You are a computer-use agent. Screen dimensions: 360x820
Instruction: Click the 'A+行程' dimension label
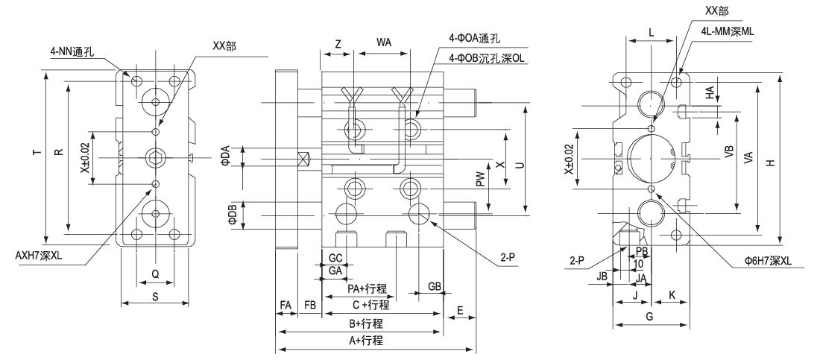pos(367,341)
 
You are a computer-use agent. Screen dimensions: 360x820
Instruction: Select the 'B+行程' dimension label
pos(366,323)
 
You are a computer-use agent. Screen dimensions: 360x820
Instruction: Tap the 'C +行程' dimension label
pos(370,305)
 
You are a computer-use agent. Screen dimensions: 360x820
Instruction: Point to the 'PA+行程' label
pos(368,288)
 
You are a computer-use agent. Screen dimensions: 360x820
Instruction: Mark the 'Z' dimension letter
pos(338,44)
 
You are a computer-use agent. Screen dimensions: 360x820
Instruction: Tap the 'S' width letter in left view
pos(154,297)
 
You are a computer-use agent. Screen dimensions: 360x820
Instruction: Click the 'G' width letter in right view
pos(649,318)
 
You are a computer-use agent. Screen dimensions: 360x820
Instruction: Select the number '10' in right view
pos(638,264)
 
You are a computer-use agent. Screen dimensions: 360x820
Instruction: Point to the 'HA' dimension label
pos(710,92)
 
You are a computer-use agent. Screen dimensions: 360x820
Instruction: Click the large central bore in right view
pos(651,158)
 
